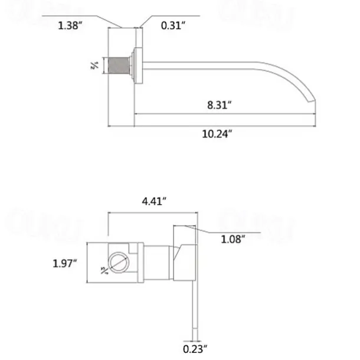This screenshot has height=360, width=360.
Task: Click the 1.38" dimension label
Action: (x=70, y=25)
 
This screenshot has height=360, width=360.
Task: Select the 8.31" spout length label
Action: (x=219, y=105)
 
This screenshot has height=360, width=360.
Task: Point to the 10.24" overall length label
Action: (x=219, y=134)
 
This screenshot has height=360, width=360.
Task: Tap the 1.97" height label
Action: (x=64, y=264)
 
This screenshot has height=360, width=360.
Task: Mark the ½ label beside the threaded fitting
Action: (x=94, y=65)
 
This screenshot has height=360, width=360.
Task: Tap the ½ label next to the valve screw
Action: (x=104, y=270)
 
